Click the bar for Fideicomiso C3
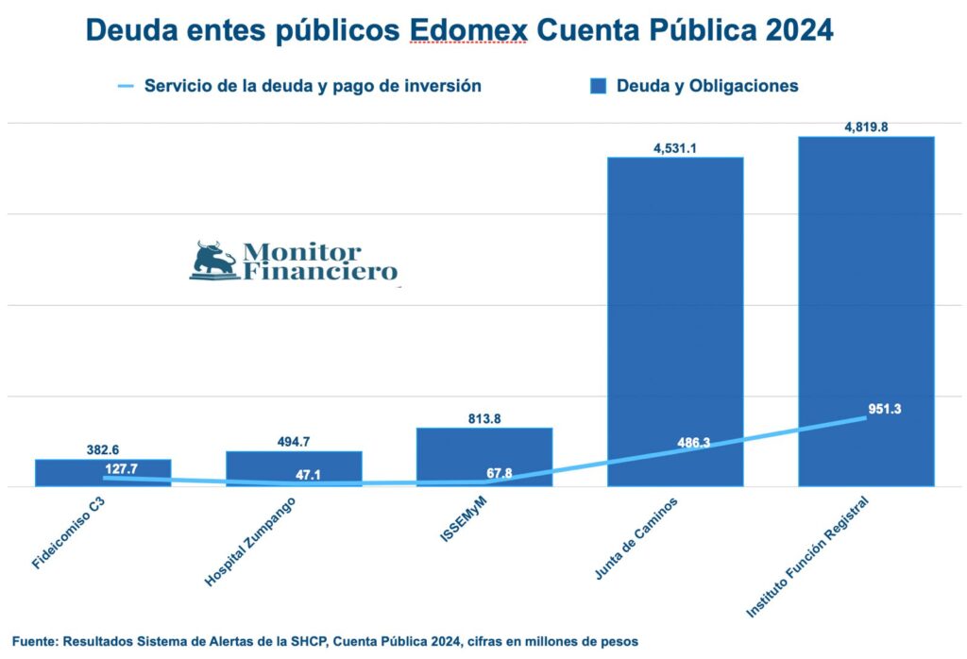coord(103,472)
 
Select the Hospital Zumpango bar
coord(294,468)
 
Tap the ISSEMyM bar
coord(484,457)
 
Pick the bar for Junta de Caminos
coord(675,321)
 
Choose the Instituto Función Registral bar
coord(866,312)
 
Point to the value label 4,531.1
coord(675,147)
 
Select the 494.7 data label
coord(294,441)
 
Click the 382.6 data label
coord(103,449)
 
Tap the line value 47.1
coord(309,475)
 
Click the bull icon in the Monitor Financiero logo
coord(213,261)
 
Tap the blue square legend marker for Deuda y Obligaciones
coord(597,86)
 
